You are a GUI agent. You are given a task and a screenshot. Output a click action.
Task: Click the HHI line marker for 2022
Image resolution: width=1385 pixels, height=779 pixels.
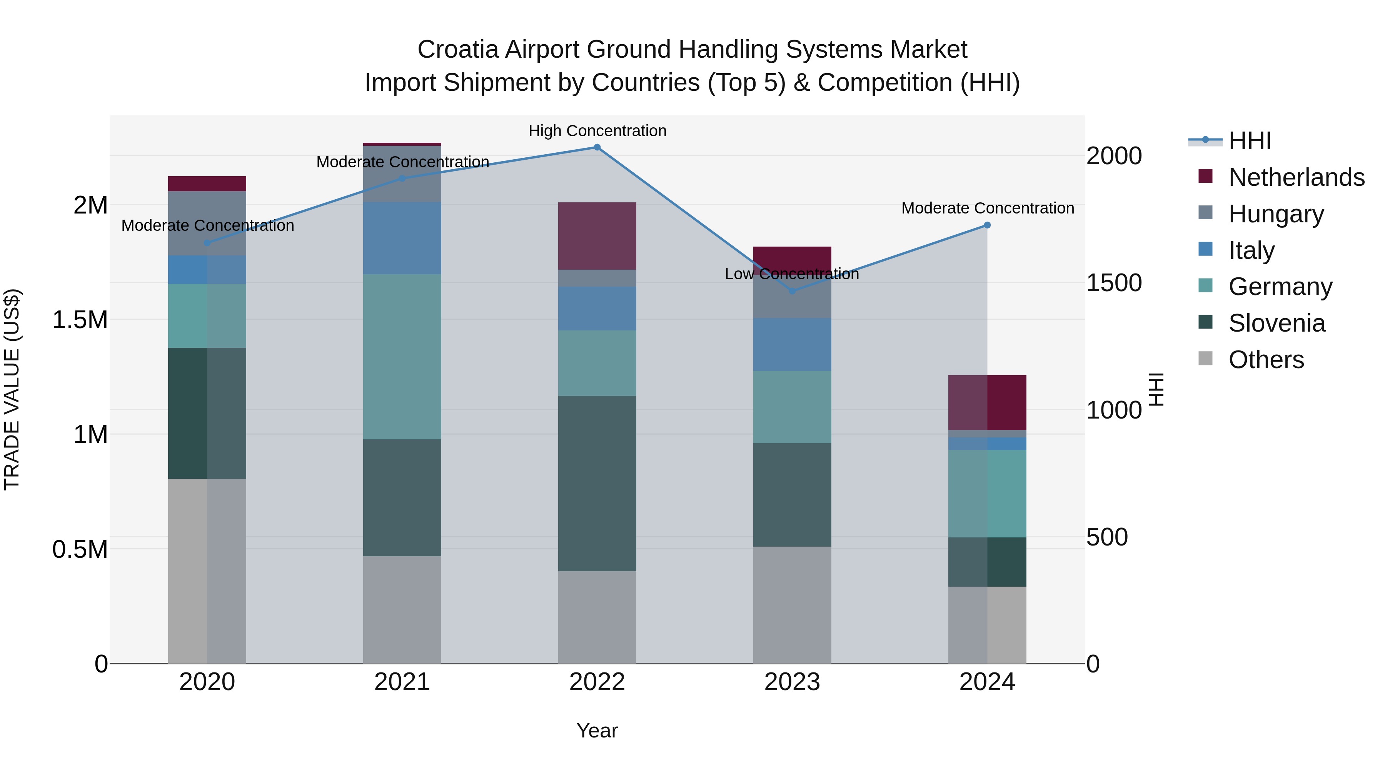coord(597,147)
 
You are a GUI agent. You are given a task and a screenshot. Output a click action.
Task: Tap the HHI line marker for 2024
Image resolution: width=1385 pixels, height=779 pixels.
coord(987,225)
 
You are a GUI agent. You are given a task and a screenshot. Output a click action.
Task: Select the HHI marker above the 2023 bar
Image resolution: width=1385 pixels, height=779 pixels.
coord(792,291)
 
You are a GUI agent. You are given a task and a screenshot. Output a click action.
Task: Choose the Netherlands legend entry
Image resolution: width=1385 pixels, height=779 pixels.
coord(1296,177)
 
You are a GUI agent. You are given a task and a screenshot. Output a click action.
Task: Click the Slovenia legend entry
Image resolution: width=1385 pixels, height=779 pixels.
coord(1277,323)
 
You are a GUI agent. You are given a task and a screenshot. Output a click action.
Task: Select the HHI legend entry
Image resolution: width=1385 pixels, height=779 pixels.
coord(1250,141)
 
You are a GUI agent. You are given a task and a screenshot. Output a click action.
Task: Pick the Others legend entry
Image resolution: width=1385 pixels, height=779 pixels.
coord(1266,360)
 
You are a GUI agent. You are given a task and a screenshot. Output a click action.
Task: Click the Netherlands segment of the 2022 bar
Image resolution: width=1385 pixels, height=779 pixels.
coord(597,236)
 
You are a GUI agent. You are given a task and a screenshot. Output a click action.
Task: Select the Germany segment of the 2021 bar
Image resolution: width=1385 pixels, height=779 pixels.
coord(402,357)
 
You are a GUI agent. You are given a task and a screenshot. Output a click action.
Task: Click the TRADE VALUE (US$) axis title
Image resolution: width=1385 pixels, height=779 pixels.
coord(12,389)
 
